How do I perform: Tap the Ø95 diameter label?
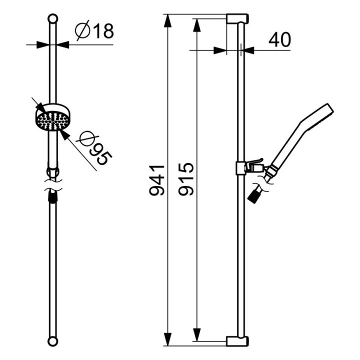click(x=95, y=147)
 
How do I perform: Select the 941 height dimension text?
click(x=157, y=180)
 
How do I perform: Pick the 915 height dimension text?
click(x=186, y=179)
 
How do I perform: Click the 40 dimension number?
click(x=279, y=39)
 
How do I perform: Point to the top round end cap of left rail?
click(x=53, y=18)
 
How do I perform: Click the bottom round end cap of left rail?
click(x=53, y=341)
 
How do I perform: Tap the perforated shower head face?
click(x=52, y=121)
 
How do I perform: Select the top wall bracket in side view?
click(x=237, y=18)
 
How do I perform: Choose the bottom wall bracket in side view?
click(x=237, y=341)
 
